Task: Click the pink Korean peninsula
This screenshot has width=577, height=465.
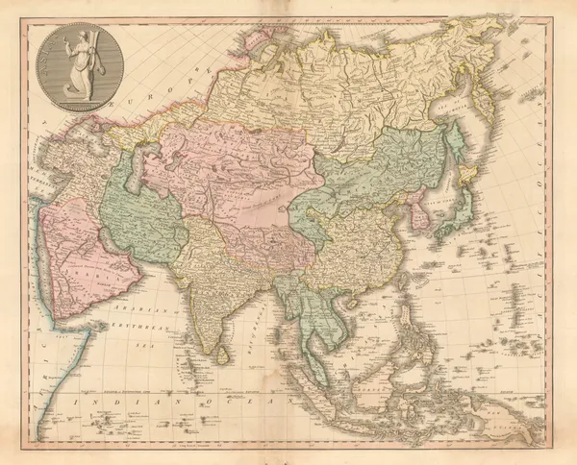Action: (420, 216)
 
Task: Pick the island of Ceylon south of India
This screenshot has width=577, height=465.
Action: (222, 355)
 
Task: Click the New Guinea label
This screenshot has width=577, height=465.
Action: (500, 408)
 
